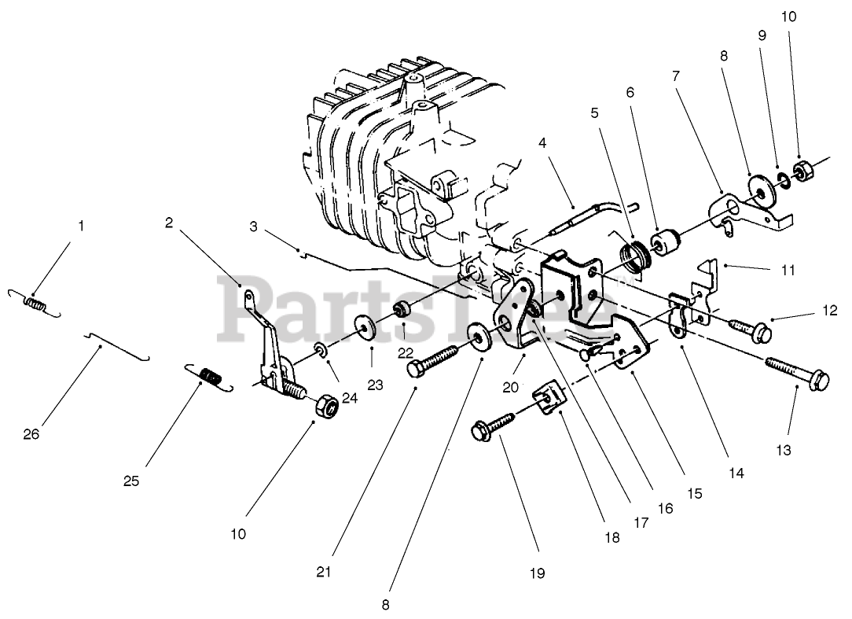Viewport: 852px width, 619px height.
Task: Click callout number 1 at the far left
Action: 80,226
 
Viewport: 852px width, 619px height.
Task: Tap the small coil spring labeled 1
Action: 34,302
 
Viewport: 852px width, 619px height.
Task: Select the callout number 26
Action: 31,434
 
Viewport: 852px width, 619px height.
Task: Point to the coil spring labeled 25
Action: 207,377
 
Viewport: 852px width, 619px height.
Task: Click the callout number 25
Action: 130,481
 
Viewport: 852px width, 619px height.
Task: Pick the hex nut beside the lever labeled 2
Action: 325,407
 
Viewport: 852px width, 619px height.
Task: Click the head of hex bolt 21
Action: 417,368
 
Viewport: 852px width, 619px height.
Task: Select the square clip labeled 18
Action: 547,396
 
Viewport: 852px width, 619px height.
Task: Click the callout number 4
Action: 542,143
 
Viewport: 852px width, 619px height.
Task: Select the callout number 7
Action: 676,76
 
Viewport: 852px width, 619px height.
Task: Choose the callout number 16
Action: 665,509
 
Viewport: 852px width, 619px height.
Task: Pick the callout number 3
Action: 254,227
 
